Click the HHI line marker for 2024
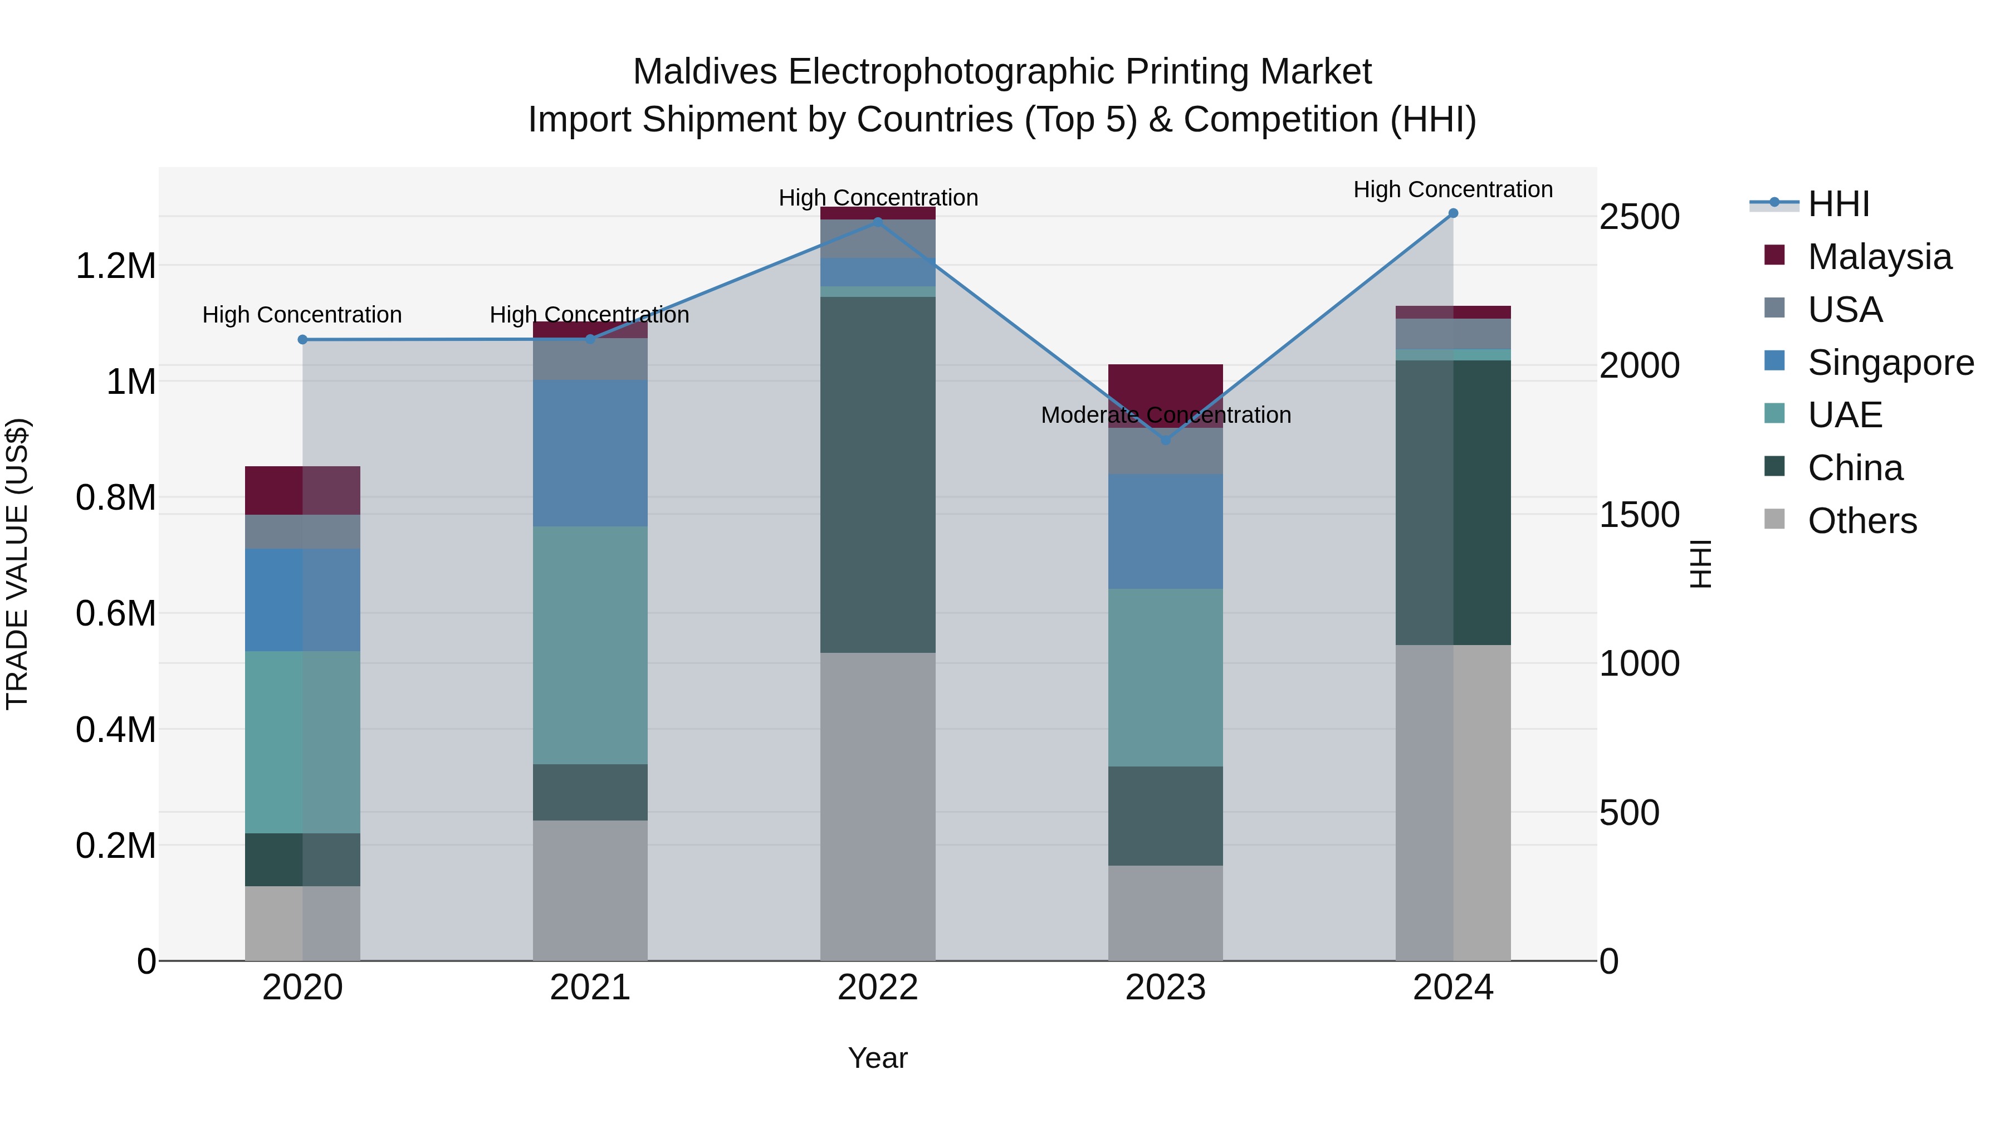[1453, 213]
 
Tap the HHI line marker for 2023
[1165, 440]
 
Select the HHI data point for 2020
[303, 339]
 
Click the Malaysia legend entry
[1879, 257]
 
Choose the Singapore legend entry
[1890, 363]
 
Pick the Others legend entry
[1862, 521]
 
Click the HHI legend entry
[1838, 204]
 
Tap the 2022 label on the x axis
[877, 987]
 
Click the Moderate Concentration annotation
[1165, 415]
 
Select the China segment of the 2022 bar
[877, 474]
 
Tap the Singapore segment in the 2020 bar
[303, 599]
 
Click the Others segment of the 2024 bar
[1453, 802]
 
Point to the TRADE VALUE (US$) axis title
[17, 564]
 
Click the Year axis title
[877, 1058]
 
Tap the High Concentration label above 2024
[1453, 189]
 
